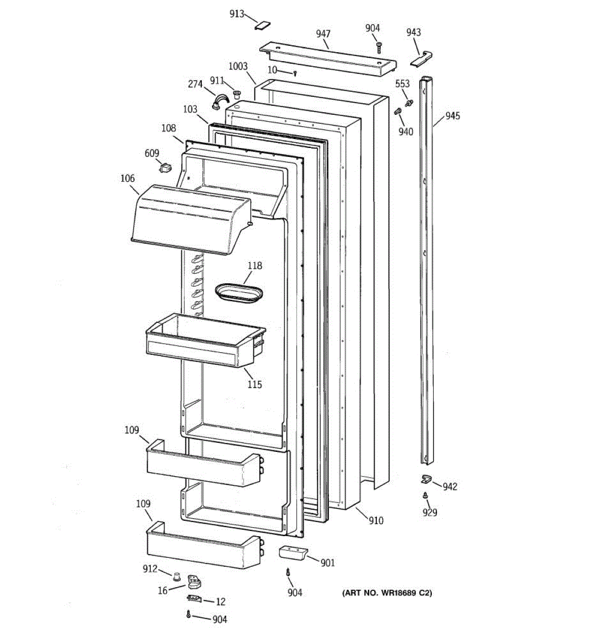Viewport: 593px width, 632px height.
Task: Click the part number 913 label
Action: point(237,14)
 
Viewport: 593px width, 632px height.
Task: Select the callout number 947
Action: point(323,34)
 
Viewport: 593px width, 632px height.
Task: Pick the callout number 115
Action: point(255,384)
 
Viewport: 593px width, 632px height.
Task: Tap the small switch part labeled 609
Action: point(166,169)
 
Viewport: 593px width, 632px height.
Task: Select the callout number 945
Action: point(452,116)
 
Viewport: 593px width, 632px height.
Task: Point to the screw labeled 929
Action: point(425,495)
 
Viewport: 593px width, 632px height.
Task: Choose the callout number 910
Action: point(376,521)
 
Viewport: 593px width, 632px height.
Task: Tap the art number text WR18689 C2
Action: point(387,593)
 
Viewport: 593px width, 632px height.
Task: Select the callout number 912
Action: point(150,569)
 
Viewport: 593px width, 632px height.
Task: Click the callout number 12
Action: point(220,601)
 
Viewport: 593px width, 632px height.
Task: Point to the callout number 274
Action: point(196,84)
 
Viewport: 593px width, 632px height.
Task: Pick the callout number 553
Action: point(402,84)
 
